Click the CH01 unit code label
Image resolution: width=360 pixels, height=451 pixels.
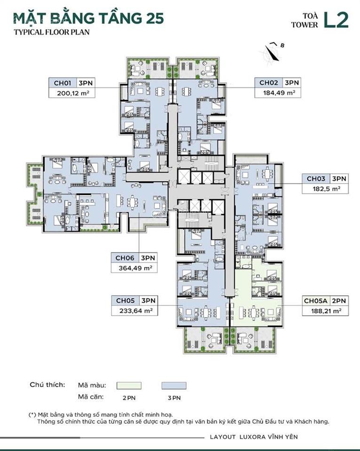[62, 83]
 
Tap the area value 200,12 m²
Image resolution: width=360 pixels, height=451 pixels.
[69, 93]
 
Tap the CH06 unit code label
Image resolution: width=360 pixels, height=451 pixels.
[125, 258]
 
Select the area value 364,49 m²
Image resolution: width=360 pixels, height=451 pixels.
[133, 268]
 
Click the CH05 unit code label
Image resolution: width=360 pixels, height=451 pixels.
[125, 300]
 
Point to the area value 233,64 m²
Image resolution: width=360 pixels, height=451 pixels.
[133, 311]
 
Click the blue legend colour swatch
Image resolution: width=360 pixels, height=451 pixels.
[173, 386]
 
